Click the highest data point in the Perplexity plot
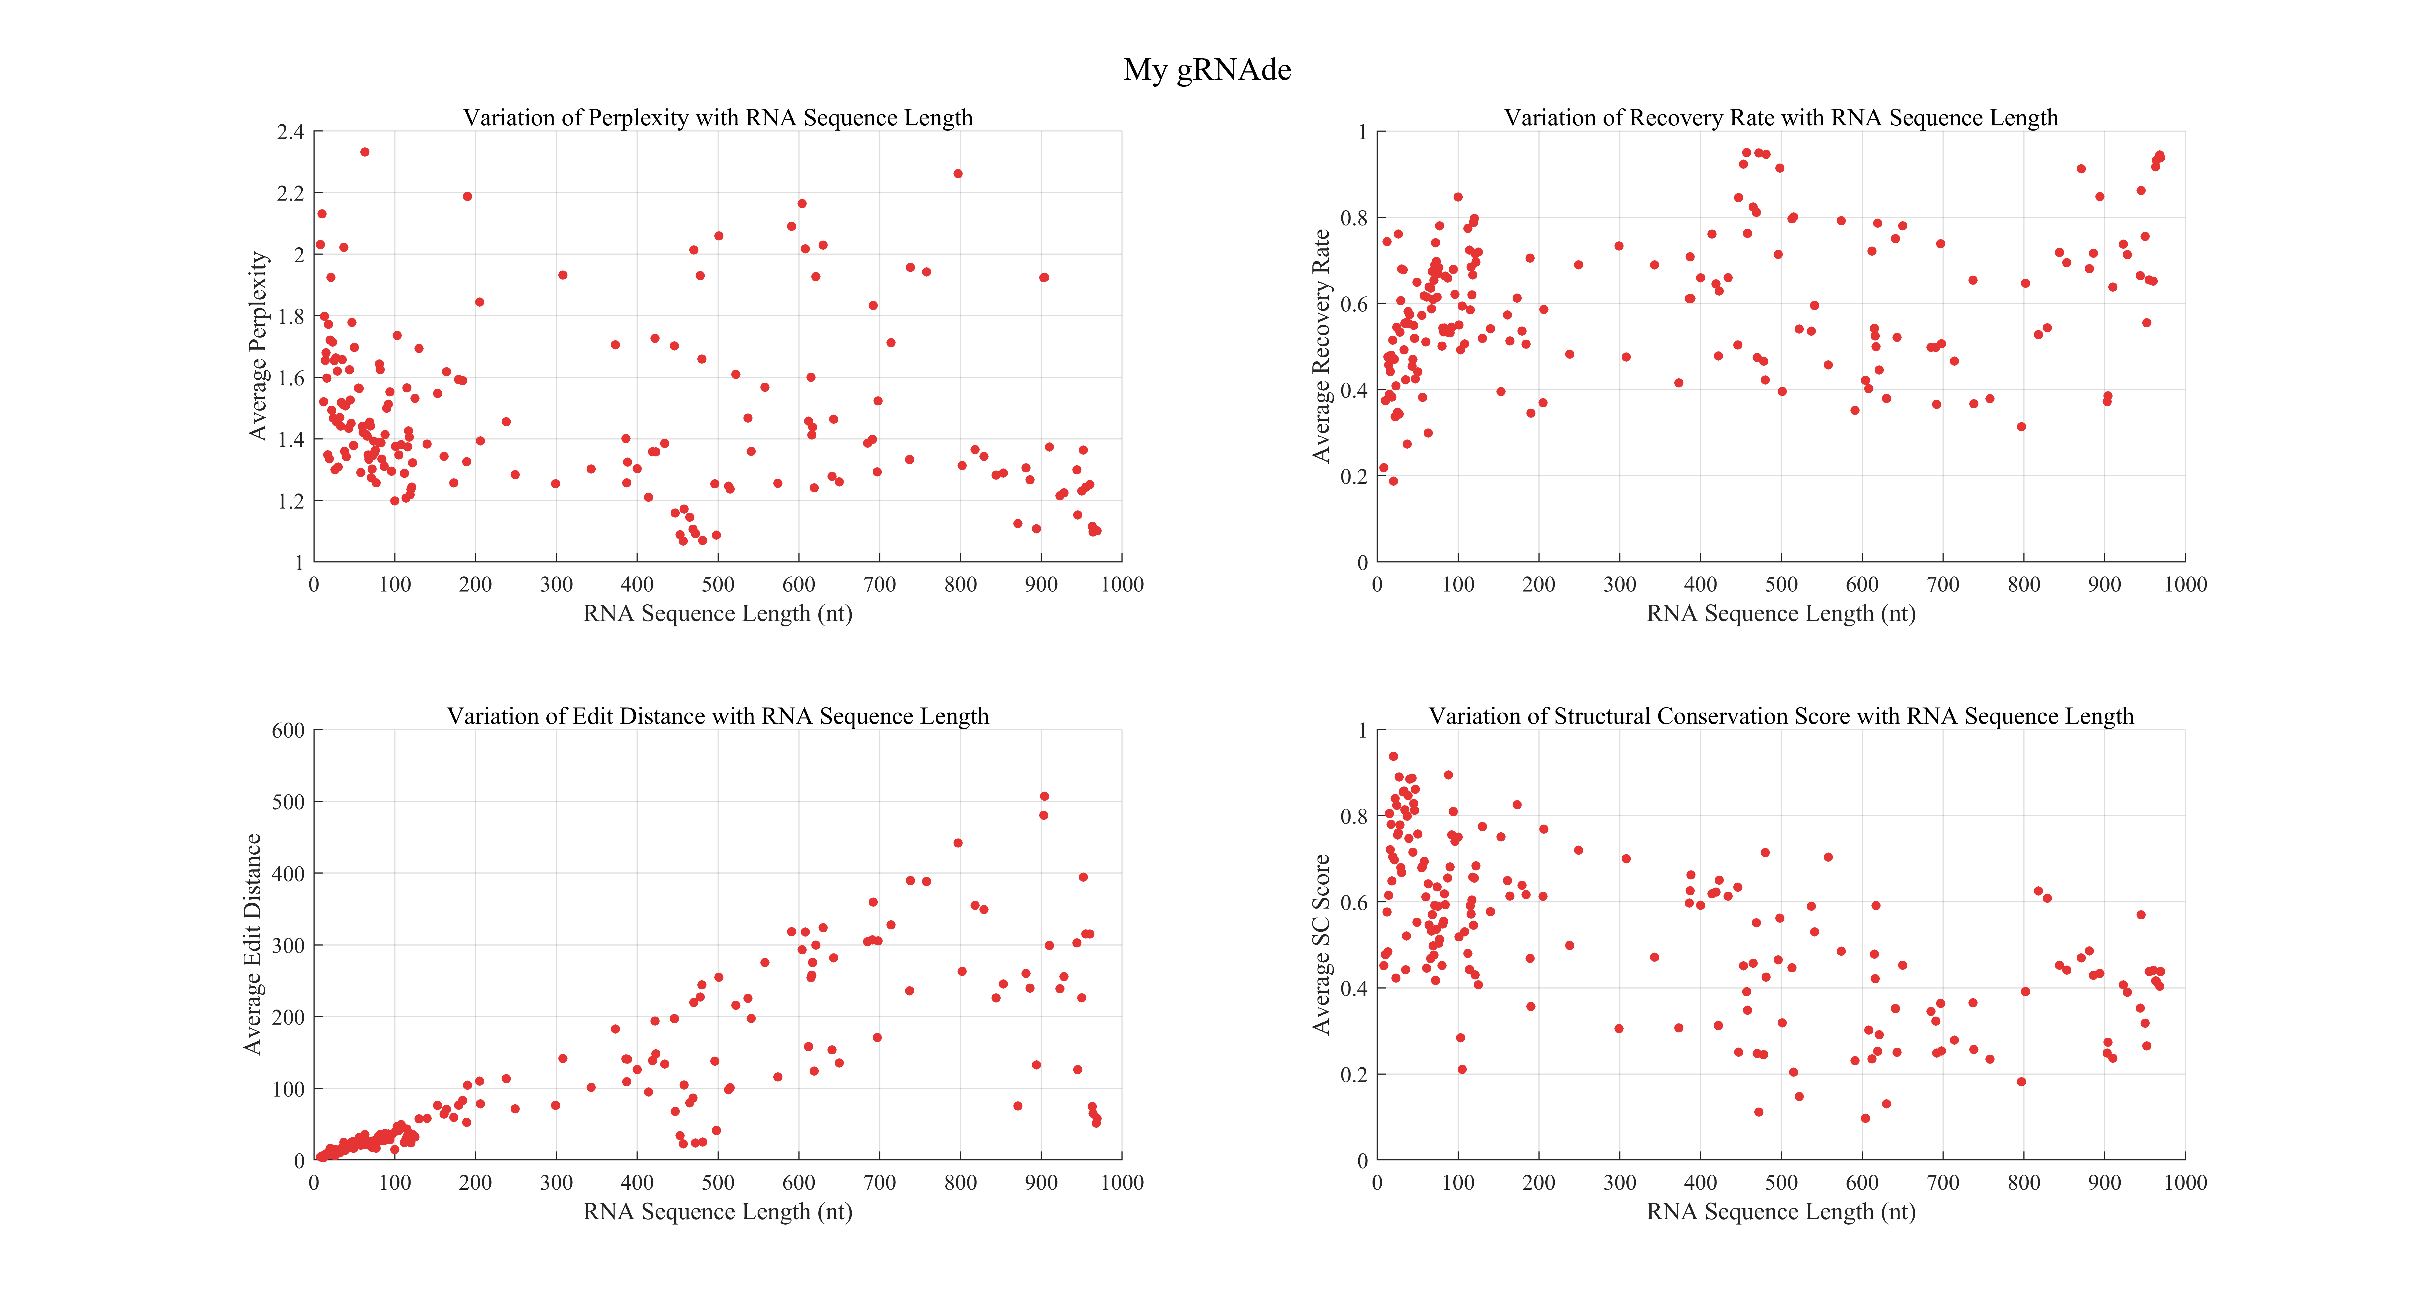(365, 152)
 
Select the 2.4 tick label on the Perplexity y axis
(291, 132)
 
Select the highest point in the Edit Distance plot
(1044, 796)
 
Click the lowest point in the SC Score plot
(1866, 1118)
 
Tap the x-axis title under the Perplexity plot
(718, 614)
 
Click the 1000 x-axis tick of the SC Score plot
(2185, 1183)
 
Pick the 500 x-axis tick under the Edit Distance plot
(718, 1183)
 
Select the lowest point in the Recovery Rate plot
(1393, 481)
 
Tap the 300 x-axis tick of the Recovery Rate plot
(1620, 584)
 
